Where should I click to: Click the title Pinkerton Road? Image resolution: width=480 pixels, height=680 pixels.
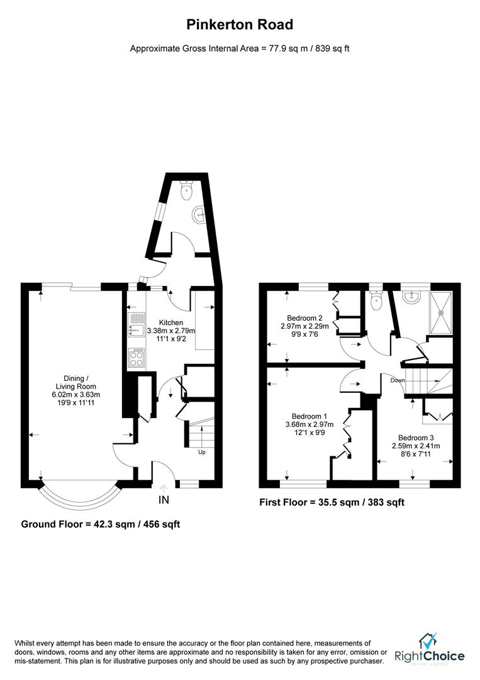click(240, 25)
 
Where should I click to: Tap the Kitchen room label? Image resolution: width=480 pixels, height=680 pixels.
click(170, 323)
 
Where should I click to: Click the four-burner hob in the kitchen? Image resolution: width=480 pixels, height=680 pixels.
click(136, 358)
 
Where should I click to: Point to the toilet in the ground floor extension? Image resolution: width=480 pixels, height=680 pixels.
click(186, 191)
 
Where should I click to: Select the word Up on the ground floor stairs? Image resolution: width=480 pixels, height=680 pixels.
click(202, 451)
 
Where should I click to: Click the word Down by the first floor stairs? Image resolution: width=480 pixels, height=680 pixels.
click(398, 380)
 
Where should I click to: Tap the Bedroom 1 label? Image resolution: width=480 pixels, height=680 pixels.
click(309, 416)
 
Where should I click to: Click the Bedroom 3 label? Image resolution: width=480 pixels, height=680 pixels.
click(415, 437)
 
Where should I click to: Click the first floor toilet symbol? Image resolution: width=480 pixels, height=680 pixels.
click(376, 302)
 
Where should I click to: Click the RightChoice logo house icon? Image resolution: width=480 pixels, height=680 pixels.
click(429, 642)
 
